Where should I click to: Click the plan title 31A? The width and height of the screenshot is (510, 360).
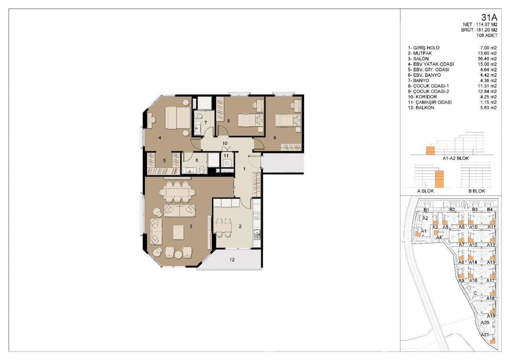489,18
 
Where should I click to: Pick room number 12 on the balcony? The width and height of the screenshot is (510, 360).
232,260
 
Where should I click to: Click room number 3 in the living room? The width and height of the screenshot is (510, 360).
191,226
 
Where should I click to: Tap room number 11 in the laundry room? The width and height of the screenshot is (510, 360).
226,156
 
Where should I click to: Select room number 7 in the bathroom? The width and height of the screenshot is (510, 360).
206,123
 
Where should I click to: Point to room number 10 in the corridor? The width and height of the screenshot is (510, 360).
225,143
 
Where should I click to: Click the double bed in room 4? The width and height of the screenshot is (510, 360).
178,118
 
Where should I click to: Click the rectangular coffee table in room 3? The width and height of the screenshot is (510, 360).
178,232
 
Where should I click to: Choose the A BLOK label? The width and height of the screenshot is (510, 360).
426,191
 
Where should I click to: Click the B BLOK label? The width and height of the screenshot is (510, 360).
477,191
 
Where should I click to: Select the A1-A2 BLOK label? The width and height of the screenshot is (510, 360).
455,158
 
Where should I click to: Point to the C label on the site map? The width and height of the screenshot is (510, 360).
475,293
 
